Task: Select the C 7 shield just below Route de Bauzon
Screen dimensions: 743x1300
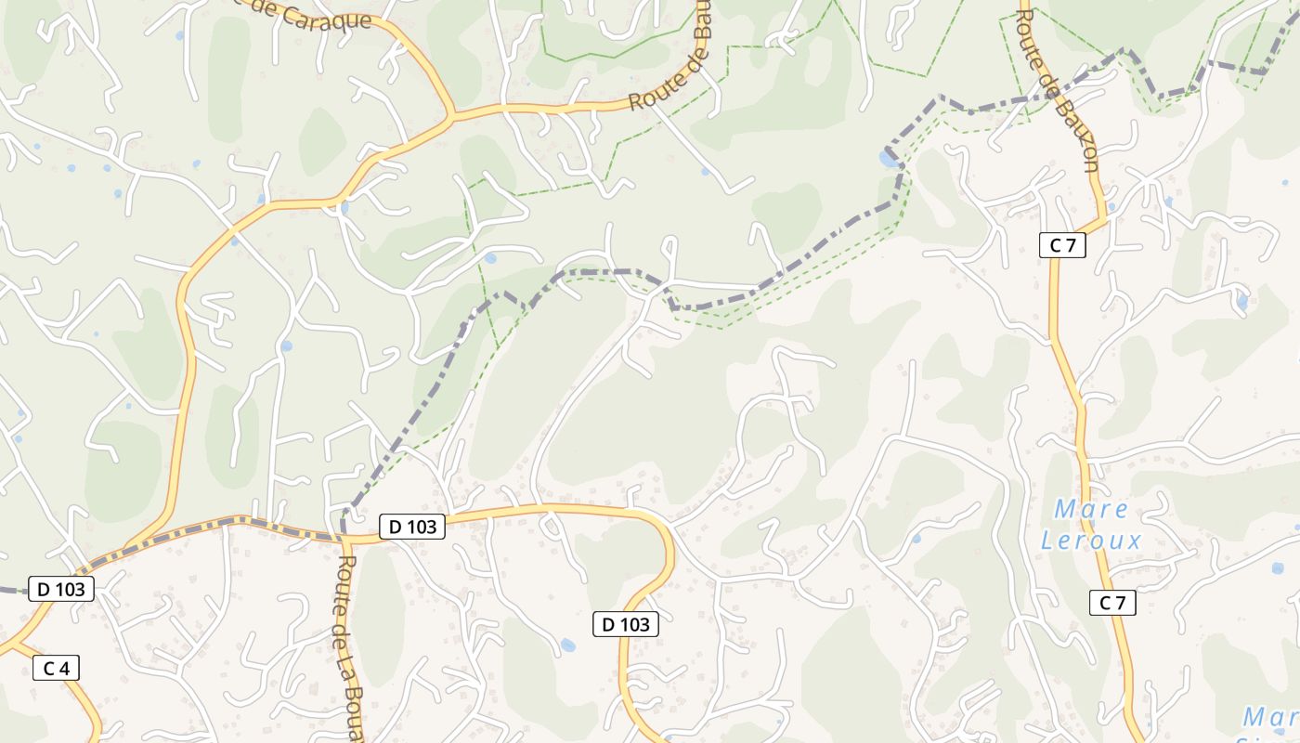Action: tap(1062, 245)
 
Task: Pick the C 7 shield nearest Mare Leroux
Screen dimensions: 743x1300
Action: tap(1112, 603)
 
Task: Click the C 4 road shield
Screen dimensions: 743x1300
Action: tap(56, 668)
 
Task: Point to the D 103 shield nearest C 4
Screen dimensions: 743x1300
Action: tap(61, 589)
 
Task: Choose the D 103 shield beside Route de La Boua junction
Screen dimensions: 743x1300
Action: tap(412, 527)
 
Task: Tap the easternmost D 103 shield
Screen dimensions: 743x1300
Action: tap(626, 625)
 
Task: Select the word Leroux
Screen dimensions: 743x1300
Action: tap(1091, 540)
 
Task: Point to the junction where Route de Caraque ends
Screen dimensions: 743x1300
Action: tap(451, 117)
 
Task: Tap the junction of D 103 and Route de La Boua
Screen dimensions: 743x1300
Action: tap(344, 538)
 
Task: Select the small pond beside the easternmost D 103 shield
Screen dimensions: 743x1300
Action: tap(567, 645)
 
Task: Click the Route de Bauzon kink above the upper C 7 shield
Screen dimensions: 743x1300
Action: tap(1105, 220)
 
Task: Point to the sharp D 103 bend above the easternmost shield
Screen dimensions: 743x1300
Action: tap(667, 539)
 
